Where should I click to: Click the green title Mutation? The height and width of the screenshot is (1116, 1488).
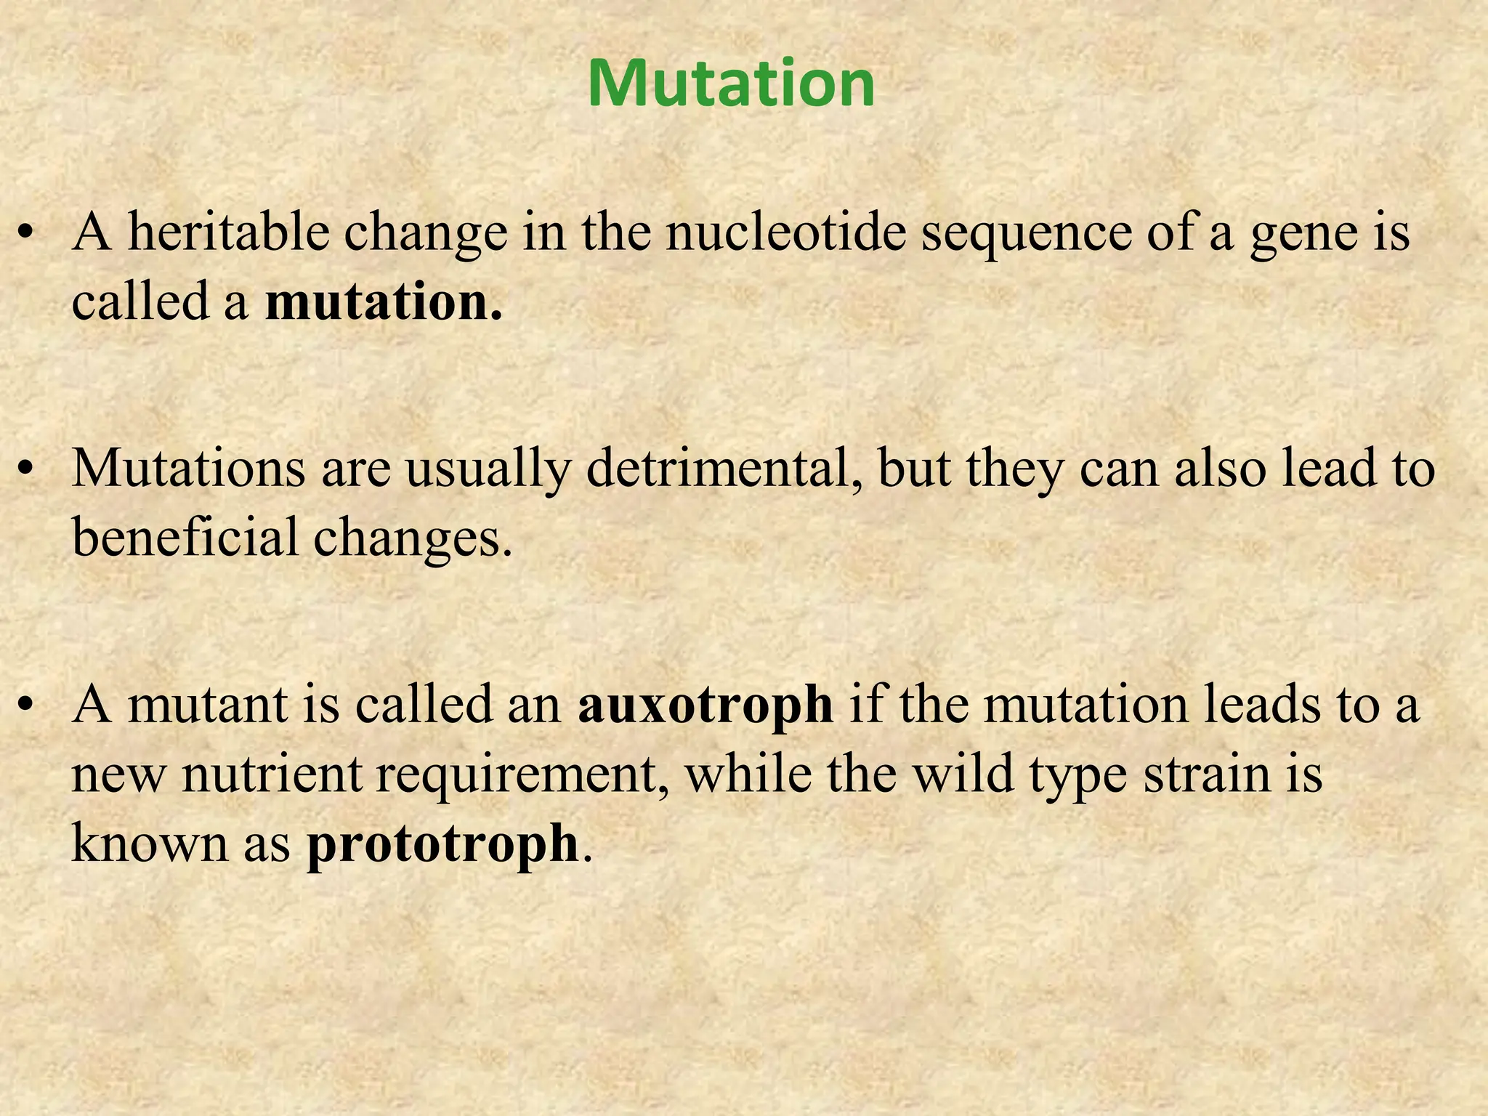coord(731,84)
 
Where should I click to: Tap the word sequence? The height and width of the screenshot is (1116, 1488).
coord(1026,234)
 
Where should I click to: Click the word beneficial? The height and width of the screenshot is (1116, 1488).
coord(185,537)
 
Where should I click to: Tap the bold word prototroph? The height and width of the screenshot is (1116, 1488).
coord(442,844)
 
